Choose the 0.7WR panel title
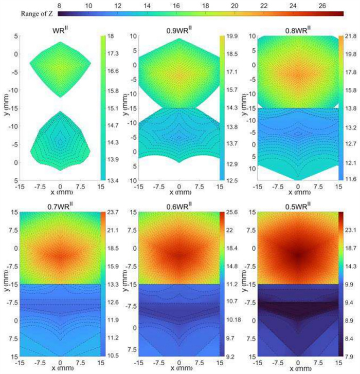point(60,207)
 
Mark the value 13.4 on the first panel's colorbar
point(115,180)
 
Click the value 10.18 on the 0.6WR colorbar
point(235,319)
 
